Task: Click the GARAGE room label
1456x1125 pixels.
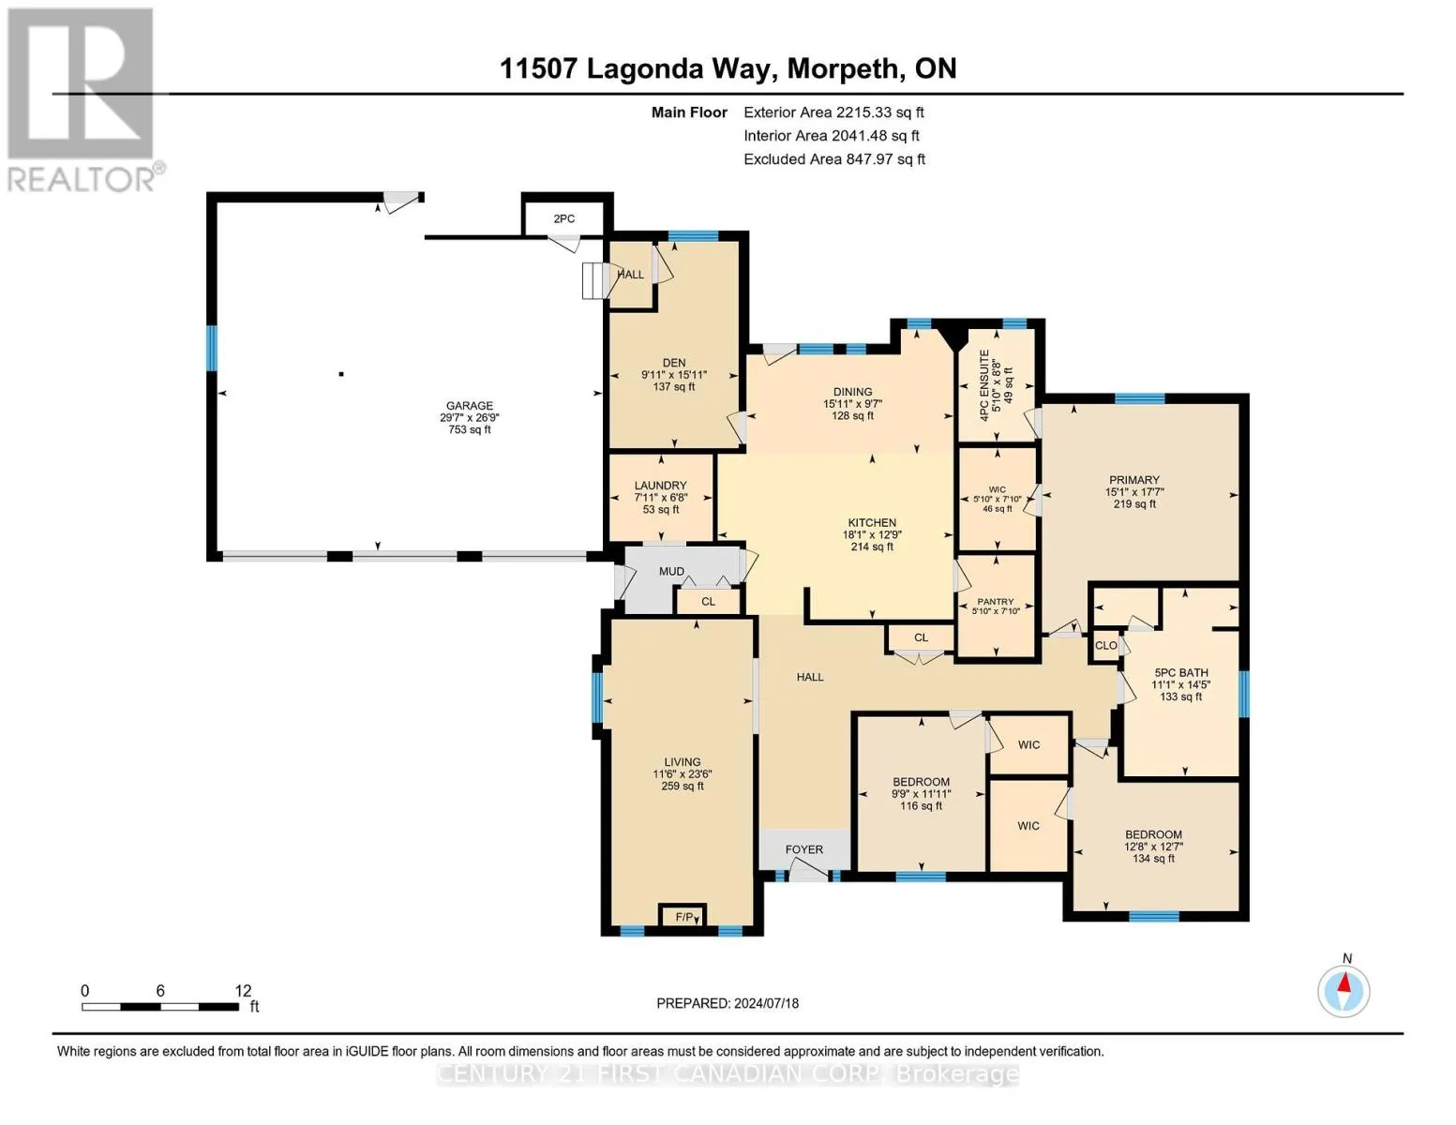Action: pos(470,405)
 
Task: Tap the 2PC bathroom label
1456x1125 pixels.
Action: pos(564,218)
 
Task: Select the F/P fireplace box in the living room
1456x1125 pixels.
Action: pos(683,916)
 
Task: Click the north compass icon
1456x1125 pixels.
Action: pos(1343,992)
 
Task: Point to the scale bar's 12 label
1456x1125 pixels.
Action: pos(243,991)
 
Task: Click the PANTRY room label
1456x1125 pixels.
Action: pos(995,602)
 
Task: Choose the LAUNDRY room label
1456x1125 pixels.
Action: pos(661,485)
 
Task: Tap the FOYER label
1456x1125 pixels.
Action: pos(804,849)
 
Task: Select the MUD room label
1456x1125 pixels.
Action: pos(671,571)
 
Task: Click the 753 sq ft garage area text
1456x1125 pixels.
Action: pos(470,429)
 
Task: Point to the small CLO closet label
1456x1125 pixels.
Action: pos(1105,645)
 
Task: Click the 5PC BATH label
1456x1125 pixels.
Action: pos(1180,673)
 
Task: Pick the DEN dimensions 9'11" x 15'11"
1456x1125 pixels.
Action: pos(674,375)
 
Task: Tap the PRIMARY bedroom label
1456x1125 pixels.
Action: pos(1133,480)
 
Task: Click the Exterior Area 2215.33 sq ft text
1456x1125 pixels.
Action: pos(833,112)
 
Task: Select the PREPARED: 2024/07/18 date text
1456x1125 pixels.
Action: pos(728,1003)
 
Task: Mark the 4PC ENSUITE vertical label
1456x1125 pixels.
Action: pos(983,385)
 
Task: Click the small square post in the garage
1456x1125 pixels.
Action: pos(341,374)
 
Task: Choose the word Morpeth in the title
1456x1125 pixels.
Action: pos(843,69)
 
